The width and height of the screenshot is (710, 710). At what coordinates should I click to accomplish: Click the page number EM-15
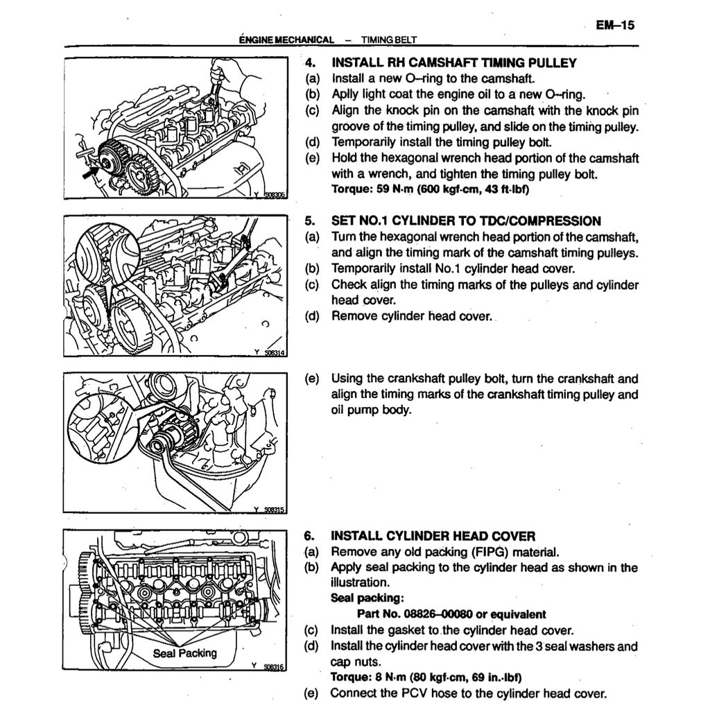click(x=615, y=25)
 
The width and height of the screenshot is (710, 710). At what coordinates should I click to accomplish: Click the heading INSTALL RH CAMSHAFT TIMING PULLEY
click(x=454, y=63)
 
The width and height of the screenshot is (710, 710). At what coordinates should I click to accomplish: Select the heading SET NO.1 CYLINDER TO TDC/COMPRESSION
click(x=466, y=221)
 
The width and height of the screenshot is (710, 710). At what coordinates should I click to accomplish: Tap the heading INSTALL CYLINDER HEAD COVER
click(x=433, y=536)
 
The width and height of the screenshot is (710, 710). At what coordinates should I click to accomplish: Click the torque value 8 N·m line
click(x=426, y=677)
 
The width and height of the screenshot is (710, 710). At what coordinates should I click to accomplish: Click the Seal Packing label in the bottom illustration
click(x=184, y=652)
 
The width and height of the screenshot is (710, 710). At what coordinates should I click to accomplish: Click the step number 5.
click(x=310, y=221)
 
